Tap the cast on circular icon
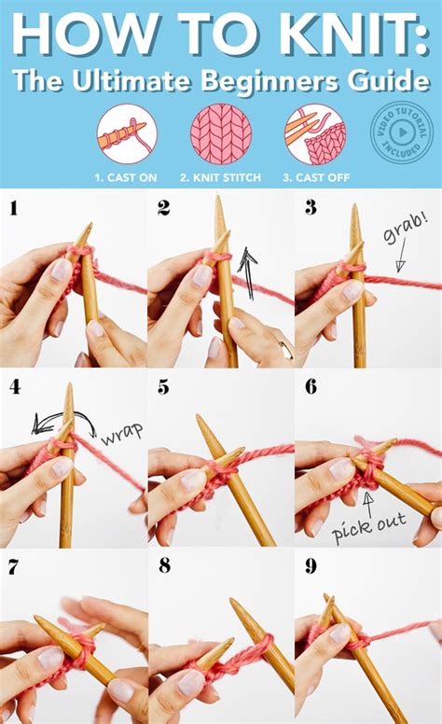(127, 134)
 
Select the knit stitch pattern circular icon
(221, 134)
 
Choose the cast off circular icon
(314, 134)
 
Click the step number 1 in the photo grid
(14, 208)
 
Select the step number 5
(162, 386)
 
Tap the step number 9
(311, 565)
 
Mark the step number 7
(14, 565)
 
